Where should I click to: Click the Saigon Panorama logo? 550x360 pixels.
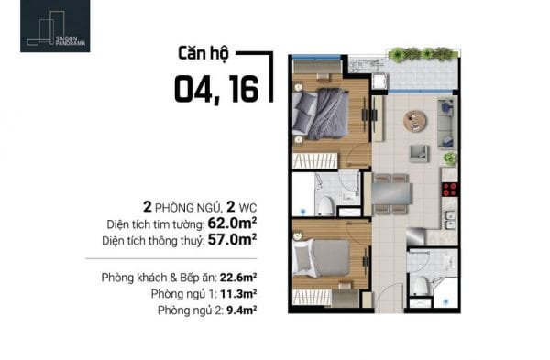pyautogui.click(x=55, y=27)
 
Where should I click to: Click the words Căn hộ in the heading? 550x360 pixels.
pyautogui.click(x=203, y=53)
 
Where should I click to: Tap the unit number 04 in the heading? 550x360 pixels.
pyautogui.click(x=192, y=90)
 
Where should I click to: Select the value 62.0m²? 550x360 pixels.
pyautogui.click(x=232, y=223)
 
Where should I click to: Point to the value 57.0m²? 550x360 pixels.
pyautogui.click(x=232, y=239)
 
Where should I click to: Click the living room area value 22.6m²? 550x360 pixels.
pyautogui.click(x=238, y=278)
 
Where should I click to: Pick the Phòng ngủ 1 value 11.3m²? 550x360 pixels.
pyautogui.click(x=238, y=294)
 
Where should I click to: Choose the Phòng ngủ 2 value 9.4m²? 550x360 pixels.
pyautogui.click(x=242, y=311)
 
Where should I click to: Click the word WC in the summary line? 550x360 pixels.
pyautogui.click(x=247, y=208)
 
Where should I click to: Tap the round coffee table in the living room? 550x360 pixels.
pyautogui.click(x=415, y=121)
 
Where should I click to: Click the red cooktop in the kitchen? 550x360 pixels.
pyautogui.click(x=450, y=190)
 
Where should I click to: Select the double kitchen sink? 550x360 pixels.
pyautogui.click(x=450, y=220)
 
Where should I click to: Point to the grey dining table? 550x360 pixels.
pyautogui.click(x=391, y=193)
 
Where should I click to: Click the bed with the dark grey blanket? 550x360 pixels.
pyautogui.click(x=321, y=114)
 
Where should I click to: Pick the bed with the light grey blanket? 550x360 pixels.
pyautogui.click(x=322, y=258)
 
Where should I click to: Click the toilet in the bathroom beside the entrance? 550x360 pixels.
pyautogui.click(x=420, y=287)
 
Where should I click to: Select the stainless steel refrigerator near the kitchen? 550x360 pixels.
pyautogui.click(x=415, y=236)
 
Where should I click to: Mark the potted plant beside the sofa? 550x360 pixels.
pyautogui.click(x=450, y=159)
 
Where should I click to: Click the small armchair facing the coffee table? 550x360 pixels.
pyautogui.click(x=419, y=154)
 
